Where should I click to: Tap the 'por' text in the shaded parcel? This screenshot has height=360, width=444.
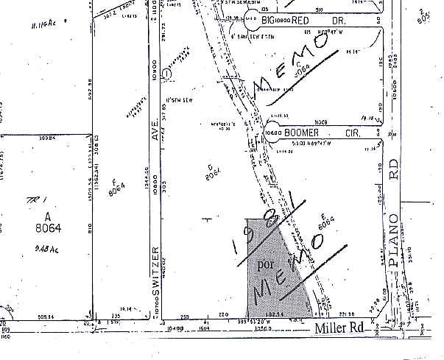click(264, 263)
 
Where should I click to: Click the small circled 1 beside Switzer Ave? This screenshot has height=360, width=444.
click(168, 74)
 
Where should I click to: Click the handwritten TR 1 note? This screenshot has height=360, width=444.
click(32, 201)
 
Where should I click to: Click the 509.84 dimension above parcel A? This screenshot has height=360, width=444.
click(28, 138)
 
